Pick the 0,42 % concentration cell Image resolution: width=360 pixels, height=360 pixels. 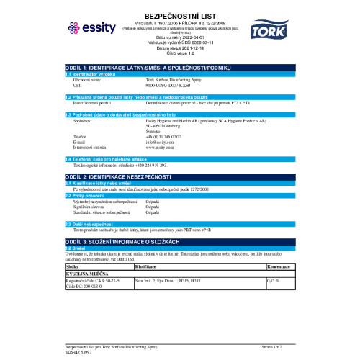pos(273,279)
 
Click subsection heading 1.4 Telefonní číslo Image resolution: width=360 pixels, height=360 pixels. pos(101,158)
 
